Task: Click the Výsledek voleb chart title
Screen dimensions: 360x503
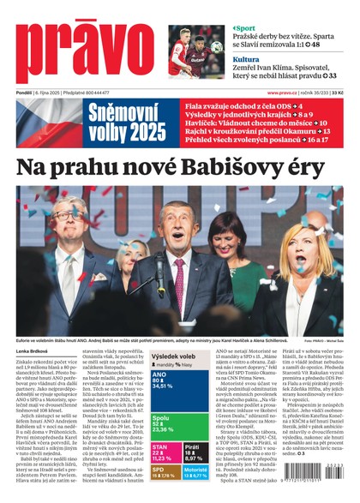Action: pos(172,356)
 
